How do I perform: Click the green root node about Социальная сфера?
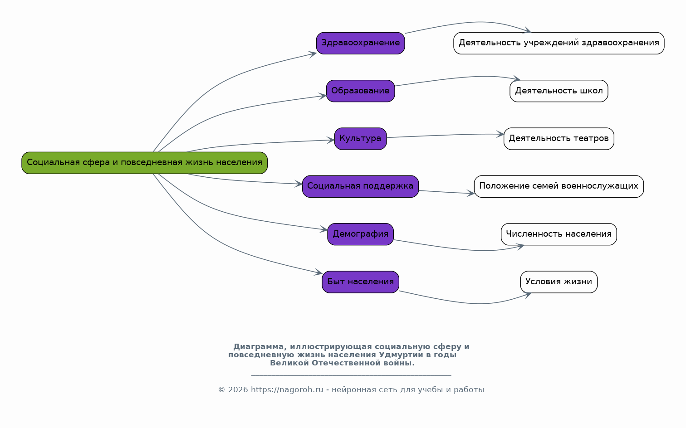click(144, 163)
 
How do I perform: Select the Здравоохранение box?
click(360, 43)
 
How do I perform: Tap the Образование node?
click(360, 91)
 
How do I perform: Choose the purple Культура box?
click(360, 139)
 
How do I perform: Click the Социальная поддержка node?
click(360, 186)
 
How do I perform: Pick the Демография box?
click(360, 234)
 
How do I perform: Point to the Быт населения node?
click(360, 282)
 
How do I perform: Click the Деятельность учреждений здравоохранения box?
click(559, 43)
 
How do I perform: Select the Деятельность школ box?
click(559, 91)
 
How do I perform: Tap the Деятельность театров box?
click(559, 139)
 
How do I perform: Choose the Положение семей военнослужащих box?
click(559, 186)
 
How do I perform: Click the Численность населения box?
click(559, 234)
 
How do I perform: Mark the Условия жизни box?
click(559, 282)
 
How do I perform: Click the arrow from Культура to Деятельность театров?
click(445, 135)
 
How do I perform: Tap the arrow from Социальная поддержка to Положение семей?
click(447, 192)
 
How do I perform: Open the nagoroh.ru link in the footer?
click(287, 390)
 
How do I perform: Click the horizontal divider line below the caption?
click(351, 375)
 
